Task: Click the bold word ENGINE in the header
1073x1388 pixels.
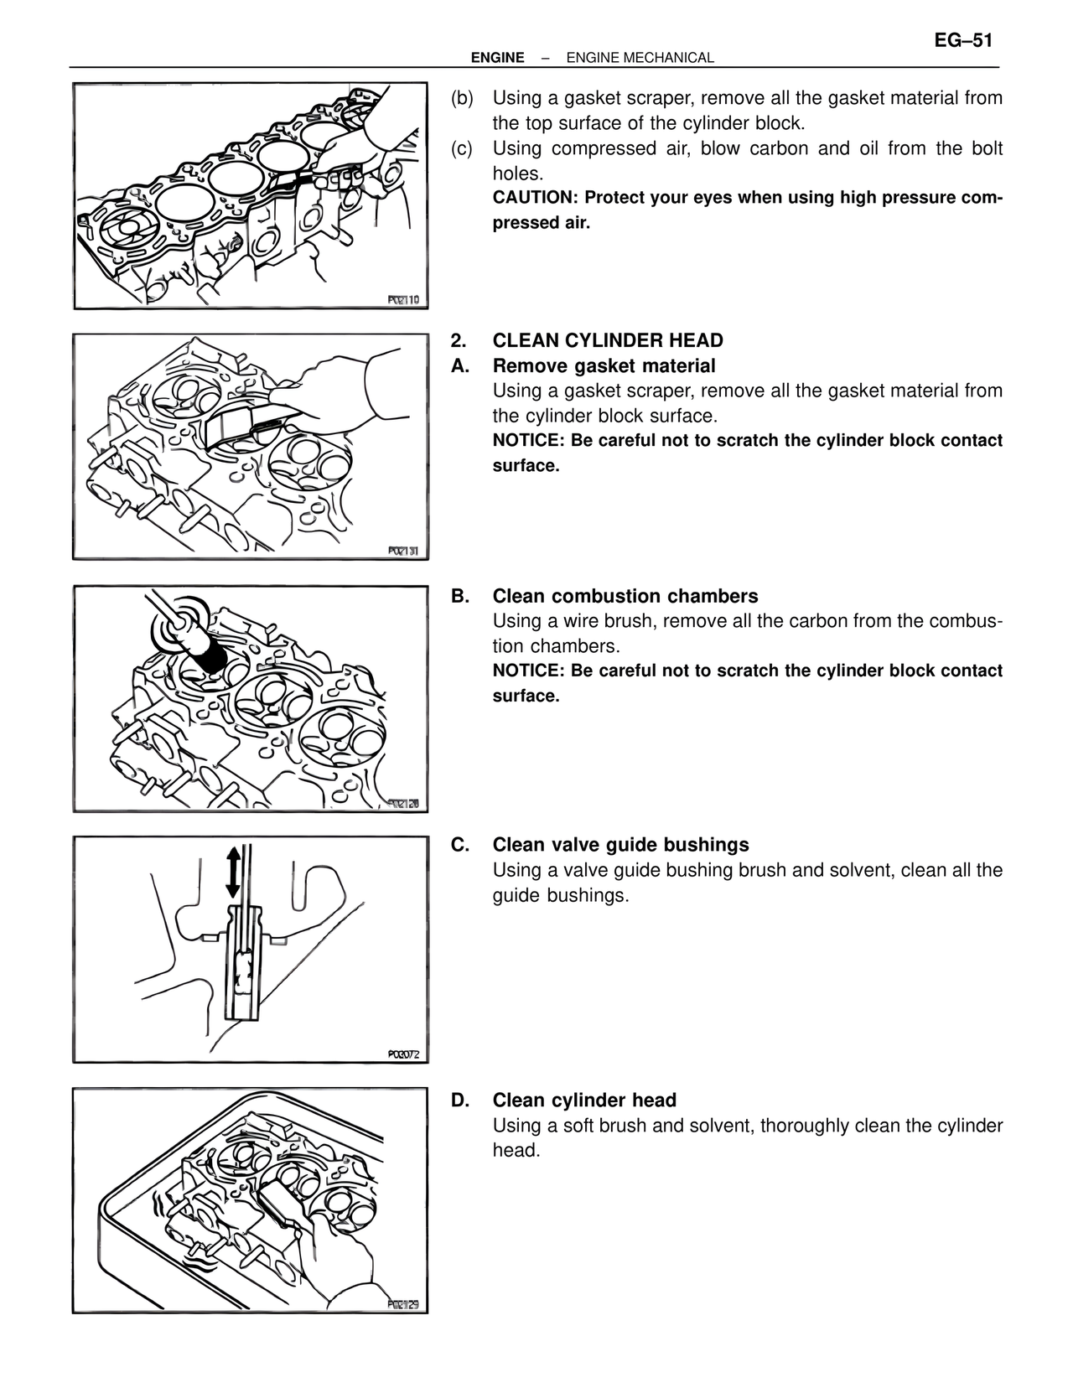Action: [497, 58]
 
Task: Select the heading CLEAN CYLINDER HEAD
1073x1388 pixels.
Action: [608, 340]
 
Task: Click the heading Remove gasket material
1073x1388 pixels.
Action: [604, 366]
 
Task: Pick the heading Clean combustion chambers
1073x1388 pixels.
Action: [625, 597]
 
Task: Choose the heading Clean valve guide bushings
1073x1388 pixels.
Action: [620, 845]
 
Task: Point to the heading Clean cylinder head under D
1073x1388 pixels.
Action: [584, 1101]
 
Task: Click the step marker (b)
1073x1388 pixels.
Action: [462, 98]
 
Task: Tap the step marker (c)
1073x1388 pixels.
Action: [462, 148]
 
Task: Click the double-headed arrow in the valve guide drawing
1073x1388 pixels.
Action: [233, 872]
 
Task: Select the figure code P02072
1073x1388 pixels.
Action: [403, 1055]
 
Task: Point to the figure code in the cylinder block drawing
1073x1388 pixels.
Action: [403, 300]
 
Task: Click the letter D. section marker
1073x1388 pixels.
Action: [460, 1101]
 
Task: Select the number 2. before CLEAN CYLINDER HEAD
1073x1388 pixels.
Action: [458, 340]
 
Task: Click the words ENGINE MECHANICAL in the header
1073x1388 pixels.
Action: [640, 58]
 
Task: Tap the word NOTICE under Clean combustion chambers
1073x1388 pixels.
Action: [527, 671]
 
